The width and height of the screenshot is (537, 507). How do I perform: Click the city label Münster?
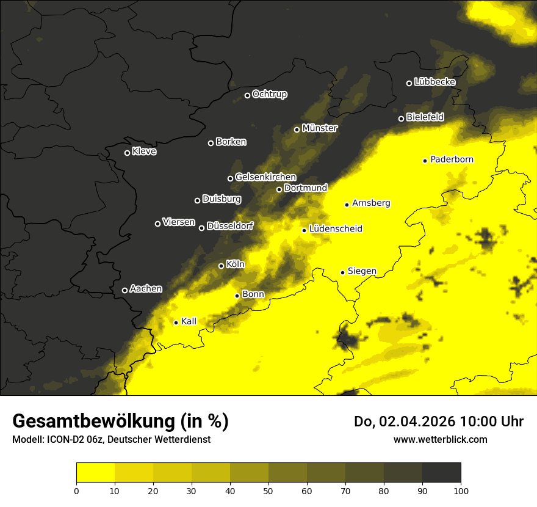[x=320, y=128]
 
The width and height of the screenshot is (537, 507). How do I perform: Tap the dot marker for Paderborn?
[x=425, y=161]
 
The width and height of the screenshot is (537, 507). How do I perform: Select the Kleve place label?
[x=144, y=151]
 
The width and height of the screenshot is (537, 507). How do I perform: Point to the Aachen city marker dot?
[x=124, y=290]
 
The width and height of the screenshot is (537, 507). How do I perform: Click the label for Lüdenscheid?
[x=336, y=229]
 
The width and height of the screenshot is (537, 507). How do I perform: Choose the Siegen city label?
[x=362, y=271]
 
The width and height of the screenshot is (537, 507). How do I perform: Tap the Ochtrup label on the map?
[x=269, y=94]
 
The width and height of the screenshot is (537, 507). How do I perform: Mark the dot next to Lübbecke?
[x=409, y=83]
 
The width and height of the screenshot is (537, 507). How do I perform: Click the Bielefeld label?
[x=425, y=117]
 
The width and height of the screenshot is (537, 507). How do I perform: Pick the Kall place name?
[x=189, y=321]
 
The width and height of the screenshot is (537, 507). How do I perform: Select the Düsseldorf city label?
[x=230, y=226]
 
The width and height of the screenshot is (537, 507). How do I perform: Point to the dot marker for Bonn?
[x=237, y=296]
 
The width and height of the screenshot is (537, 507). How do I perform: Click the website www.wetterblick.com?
[x=440, y=439]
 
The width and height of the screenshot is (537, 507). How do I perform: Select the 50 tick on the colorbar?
[x=268, y=490]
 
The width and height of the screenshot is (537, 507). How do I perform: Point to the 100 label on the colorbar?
[x=461, y=490]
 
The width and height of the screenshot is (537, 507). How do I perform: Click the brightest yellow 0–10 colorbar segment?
[x=95, y=472]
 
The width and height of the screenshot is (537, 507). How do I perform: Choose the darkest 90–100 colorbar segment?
[x=441, y=472]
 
